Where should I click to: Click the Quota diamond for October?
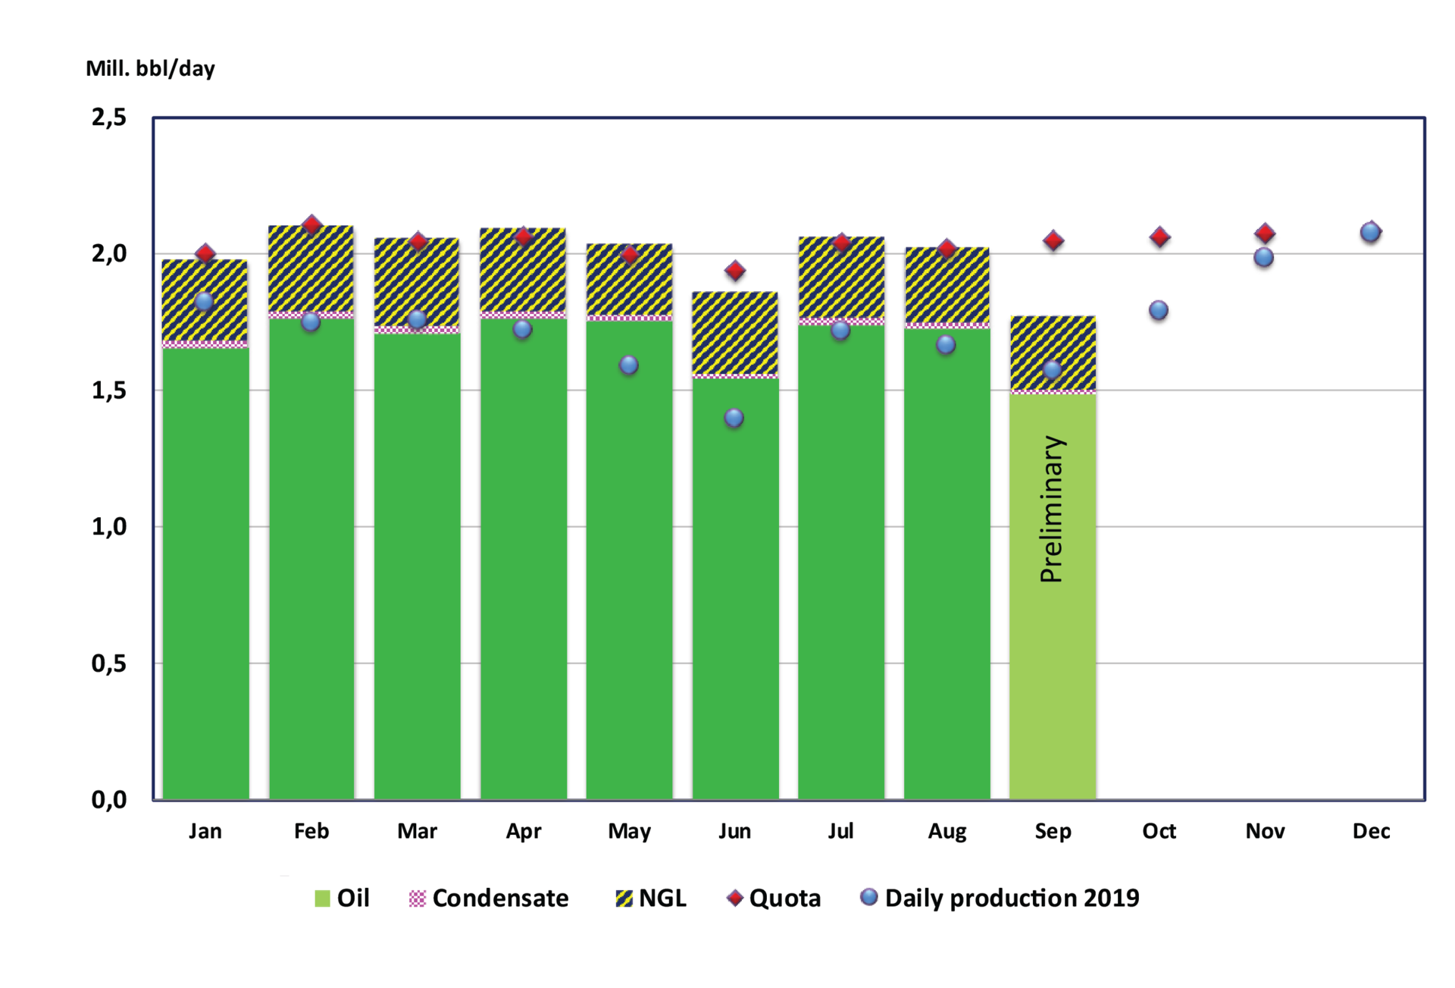pos(1159,237)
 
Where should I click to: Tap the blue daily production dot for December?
pos(1370,232)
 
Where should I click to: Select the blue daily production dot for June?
pos(734,418)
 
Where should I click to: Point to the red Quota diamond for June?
pos(735,271)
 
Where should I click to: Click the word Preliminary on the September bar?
pos(1052,509)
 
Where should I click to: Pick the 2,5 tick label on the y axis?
pos(109,118)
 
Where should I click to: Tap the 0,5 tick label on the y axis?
pos(109,663)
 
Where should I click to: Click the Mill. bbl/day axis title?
pos(150,69)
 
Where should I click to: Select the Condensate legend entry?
pos(489,899)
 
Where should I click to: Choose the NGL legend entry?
pos(652,899)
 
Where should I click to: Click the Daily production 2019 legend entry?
pos(1000,899)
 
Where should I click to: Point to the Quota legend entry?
pos(774,899)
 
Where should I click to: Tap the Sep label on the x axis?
pos(1053,831)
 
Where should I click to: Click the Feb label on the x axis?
pos(311,831)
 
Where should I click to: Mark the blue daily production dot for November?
pos(1263,258)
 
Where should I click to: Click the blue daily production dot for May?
pos(628,365)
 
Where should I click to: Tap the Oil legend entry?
pos(343,899)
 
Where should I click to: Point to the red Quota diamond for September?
pos(1053,241)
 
